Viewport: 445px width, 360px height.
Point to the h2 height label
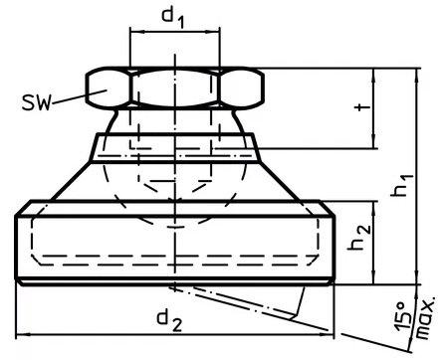pyautogui.click(x=359, y=238)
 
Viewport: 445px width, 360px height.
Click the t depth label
pyautogui.click(x=362, y=107)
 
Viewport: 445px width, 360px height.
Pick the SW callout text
pyautogui.click(x=37, y=102)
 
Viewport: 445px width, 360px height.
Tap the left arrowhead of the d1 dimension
pyautogui.click(x=136, y=32)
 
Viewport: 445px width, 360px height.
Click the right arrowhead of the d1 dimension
pyautogui.click(x=212, y=32)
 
